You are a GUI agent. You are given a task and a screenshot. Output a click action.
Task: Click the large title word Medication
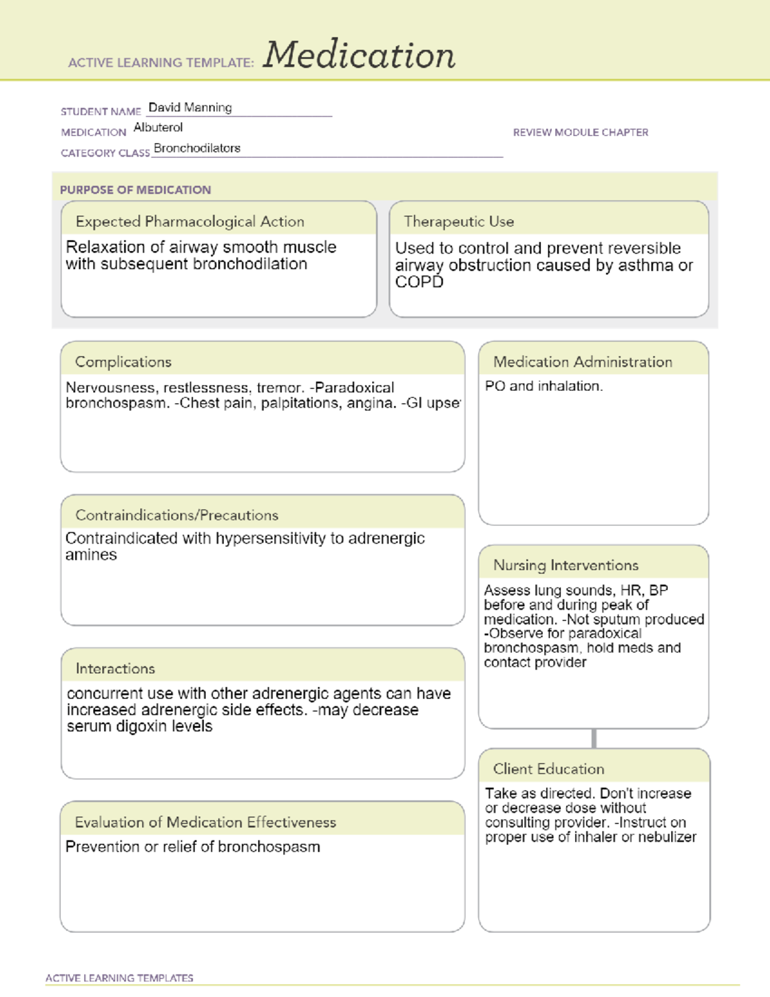359,55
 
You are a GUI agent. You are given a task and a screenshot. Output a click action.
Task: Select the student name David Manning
190,107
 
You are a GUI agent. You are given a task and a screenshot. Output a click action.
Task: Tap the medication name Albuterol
158,128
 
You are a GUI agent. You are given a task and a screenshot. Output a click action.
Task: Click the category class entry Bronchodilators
197,148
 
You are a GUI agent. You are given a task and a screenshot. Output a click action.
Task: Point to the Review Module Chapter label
580,132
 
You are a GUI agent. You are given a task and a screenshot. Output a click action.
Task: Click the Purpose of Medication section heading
135,190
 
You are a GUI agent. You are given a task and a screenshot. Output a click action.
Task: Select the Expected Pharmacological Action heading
190,221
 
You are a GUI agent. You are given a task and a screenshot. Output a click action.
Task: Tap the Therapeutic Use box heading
459,221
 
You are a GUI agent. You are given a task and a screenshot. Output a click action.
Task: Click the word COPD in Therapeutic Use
419,282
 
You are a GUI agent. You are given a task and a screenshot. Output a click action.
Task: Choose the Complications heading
123,362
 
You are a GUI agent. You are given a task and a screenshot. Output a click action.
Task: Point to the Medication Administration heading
583,362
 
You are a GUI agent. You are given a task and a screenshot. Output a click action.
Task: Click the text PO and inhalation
543,386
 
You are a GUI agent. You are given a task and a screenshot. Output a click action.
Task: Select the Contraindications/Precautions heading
177,515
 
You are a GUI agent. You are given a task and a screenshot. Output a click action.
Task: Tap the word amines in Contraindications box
91,555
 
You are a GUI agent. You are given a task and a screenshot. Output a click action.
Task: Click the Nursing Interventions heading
566,565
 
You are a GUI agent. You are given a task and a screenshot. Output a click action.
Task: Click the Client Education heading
549,769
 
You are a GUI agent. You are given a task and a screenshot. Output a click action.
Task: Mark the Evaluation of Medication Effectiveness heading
205,822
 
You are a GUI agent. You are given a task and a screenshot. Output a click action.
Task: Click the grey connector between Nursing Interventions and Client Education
594,738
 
